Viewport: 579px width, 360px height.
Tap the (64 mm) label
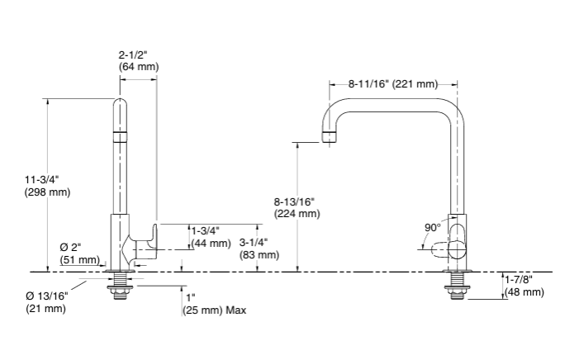point(139,67)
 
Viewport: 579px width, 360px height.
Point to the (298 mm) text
point(48,192)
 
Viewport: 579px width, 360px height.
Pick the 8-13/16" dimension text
point(295,201)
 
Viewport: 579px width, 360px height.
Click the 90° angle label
point(433,227)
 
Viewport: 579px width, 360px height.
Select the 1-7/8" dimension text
point(521,280)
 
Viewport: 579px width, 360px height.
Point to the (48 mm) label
point(524,292)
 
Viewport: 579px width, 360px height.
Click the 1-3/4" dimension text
point(205,230)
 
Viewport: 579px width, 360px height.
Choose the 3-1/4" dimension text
point(253,243)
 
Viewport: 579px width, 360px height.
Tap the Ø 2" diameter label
point(71,248)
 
